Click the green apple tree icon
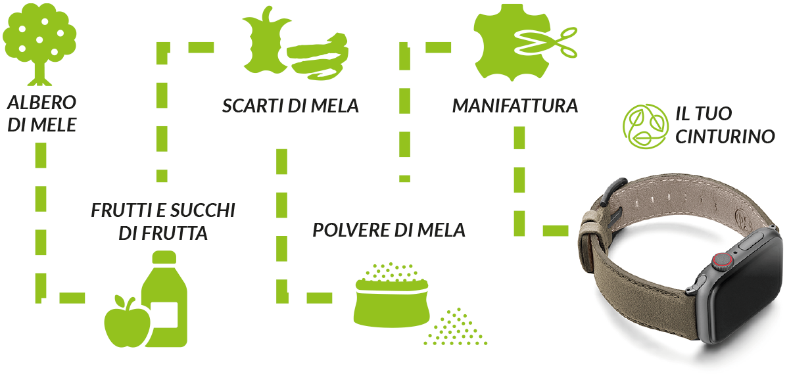(39, 44)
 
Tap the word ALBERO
(41, 103)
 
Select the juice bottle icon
(165, 299)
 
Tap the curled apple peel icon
(318, 57)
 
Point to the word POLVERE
(351, 230)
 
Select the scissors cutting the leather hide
(546, 43)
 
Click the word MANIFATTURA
(515, 106)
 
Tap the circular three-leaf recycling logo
(645, 126)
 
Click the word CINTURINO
(725, 137)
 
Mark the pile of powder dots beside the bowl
(455, 327)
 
